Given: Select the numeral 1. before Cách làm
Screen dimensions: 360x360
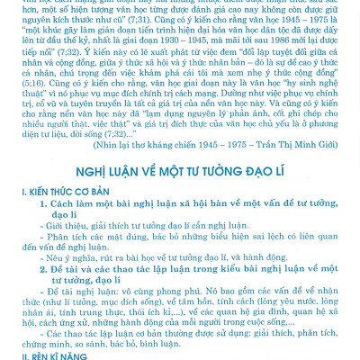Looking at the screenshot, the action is click(x=42, y=202).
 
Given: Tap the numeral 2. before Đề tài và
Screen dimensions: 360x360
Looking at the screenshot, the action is click(x=42, y=267).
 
